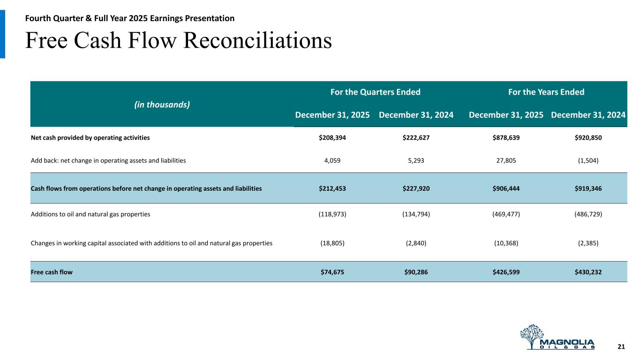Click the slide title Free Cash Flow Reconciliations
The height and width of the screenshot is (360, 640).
(179, 41)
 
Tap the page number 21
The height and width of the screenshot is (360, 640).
(621, 346)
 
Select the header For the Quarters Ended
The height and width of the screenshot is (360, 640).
(375, 92)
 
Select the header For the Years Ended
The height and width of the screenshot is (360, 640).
(546, 92)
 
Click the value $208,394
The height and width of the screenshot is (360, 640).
(332, 138)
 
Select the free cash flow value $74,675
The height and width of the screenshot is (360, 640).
(332, 271)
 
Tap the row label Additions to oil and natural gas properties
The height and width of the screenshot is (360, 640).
(90, 214)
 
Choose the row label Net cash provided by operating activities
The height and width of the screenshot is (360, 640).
(90, 138)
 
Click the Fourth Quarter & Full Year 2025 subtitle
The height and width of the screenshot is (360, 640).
(130, 18)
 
